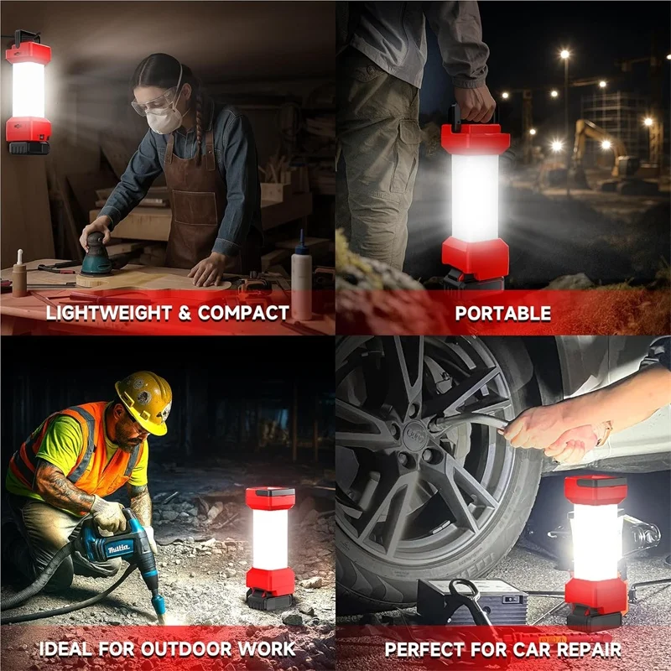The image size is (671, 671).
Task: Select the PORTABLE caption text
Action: [x=502, y=314]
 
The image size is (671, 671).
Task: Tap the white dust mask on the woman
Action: [x=165, y=119]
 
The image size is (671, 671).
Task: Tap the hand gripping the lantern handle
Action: [x=475, y=104]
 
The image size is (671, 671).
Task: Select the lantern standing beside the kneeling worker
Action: [x=270, y=545]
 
